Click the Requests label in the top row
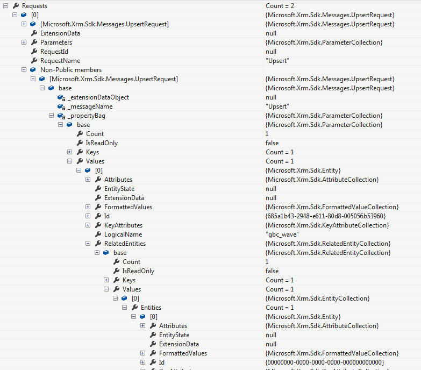[x=34, y=5]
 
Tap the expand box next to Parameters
[x=24, y=42]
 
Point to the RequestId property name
[x=54, y=52]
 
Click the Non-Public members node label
[x=70, y=70]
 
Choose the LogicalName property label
[x=123, y=234]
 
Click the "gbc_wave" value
[x=282, y=234]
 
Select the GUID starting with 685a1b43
[x=325, y=216]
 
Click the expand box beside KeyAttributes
[x=88, y=225]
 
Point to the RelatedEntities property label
[x=125, y=244]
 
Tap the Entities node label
[x=151, y=308]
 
